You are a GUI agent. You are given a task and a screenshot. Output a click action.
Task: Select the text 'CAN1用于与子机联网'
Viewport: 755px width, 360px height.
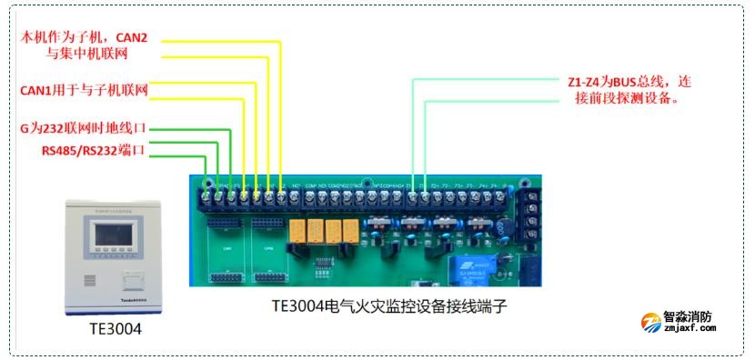pyautogui.click(x=84, y=91)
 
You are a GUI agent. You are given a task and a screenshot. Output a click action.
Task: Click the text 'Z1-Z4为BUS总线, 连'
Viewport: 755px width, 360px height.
pyautogui.click(x=628, y=81)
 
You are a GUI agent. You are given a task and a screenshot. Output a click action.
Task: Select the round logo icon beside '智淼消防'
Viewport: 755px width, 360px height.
pyautogui.click(x=651, y=324)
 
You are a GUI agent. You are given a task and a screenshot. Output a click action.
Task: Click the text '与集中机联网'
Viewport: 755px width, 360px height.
pyautogui.click(x=86, y=54)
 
